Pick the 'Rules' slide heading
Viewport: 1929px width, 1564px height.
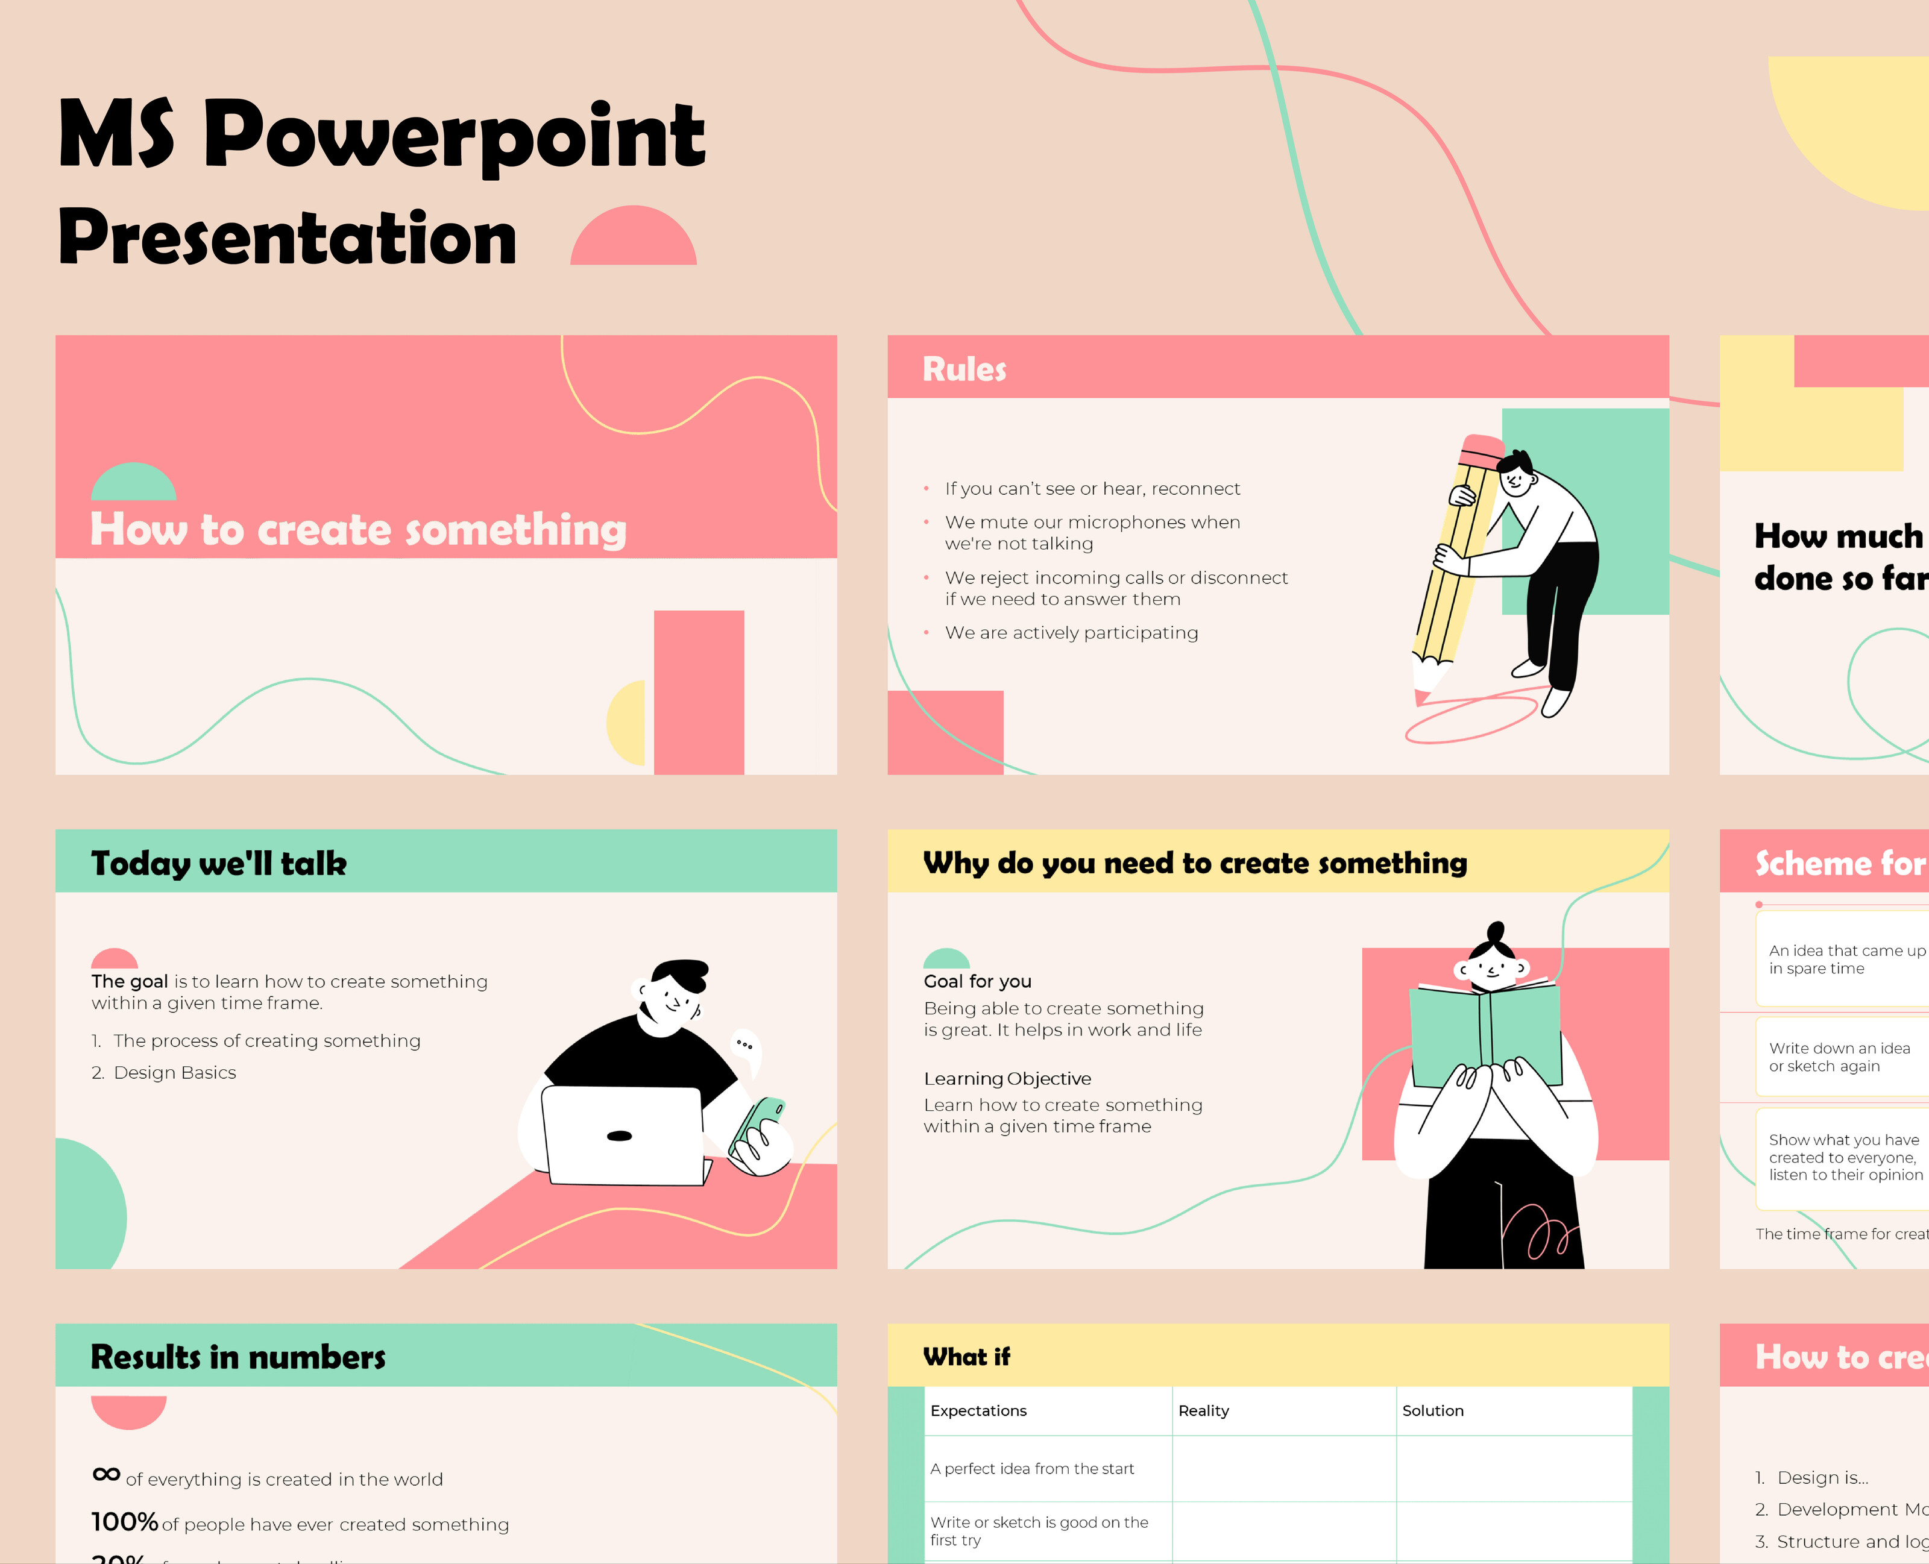pyautogui.click(x=964, y=369)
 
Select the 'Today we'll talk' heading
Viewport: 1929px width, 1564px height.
pyautogui.click(x=219, y=863)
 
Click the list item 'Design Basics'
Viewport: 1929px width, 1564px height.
pyautogui.click(x=175, y=1073)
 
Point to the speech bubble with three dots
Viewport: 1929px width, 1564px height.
pyautogui.click(x=745, y=1047)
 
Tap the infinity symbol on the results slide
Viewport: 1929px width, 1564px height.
pyautogui.click(x=106, y=1475)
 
